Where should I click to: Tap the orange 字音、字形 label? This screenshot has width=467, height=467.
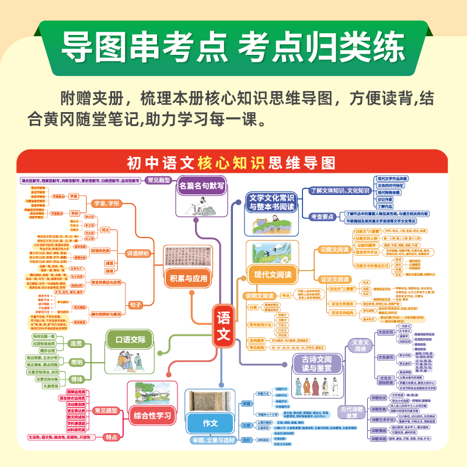point(106,203)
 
